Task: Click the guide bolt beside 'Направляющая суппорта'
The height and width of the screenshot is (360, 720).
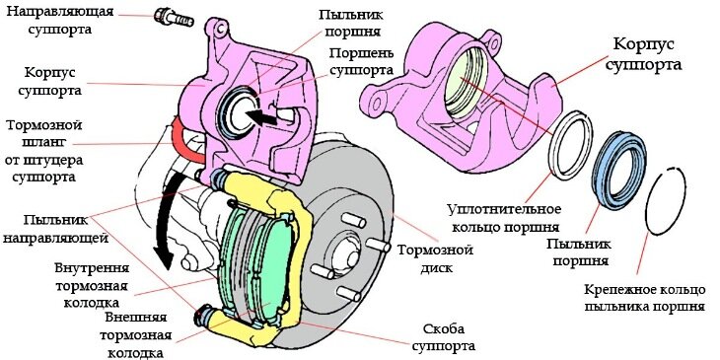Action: pyautogui.click(x=170, y=17)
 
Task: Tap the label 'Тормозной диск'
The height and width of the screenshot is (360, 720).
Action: pyautogui.click(x=435, y=259)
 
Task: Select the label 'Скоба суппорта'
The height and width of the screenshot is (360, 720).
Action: pyautogui.click(x=442, y=336)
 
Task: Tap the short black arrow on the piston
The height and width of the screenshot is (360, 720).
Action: pyautogui.click(x=259, y=116)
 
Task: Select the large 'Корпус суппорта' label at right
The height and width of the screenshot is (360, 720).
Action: pyautogui.click(x=651, y=55)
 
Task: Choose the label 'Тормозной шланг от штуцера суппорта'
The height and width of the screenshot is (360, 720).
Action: pyautogui.click(x=56, y=153)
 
